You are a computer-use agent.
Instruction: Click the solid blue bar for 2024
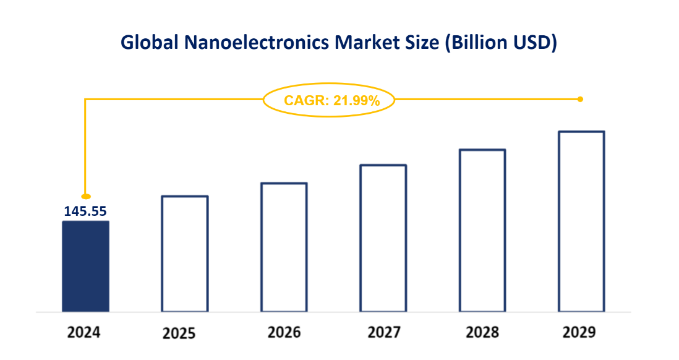(x=85, y=266)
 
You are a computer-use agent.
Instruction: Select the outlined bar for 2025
(x=185, y=254)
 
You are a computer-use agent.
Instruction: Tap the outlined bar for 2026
(x=284, y=247)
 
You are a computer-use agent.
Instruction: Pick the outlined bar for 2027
(x=383, y=238)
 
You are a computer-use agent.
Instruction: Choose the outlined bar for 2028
(x=482, y=230)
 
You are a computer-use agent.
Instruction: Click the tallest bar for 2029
(x=581, y=221)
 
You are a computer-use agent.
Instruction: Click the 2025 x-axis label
(x=179, y=333)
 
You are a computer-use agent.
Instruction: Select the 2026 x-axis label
(x=284, y=332)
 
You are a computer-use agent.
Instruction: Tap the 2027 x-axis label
(x=384, y=332)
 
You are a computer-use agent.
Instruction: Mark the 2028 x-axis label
(x=482, y=332)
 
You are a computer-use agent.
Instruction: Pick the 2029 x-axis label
(x=579, y=332)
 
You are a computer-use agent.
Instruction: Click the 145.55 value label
(x=85, y=211)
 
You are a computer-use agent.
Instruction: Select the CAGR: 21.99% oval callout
(x=329, y=100)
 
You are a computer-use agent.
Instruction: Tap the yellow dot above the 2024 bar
(x=86, y=196)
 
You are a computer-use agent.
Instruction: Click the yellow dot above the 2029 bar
(x=580, y=99)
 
